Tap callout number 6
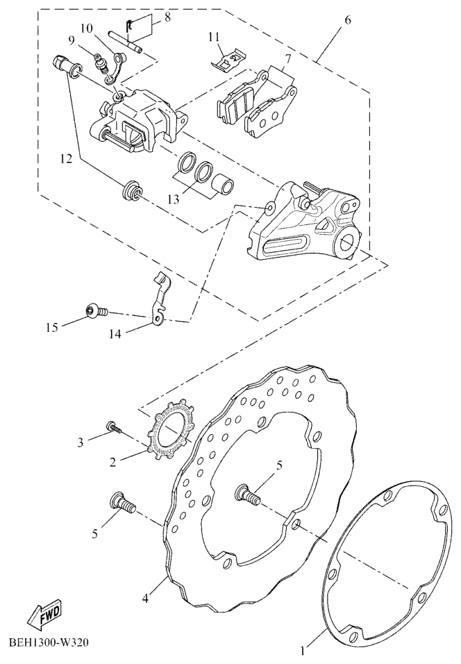(x=347, y=19)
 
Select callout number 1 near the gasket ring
(x=302, y=651)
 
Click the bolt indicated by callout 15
(x=95, y=312)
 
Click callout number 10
(x=86, y=28)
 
